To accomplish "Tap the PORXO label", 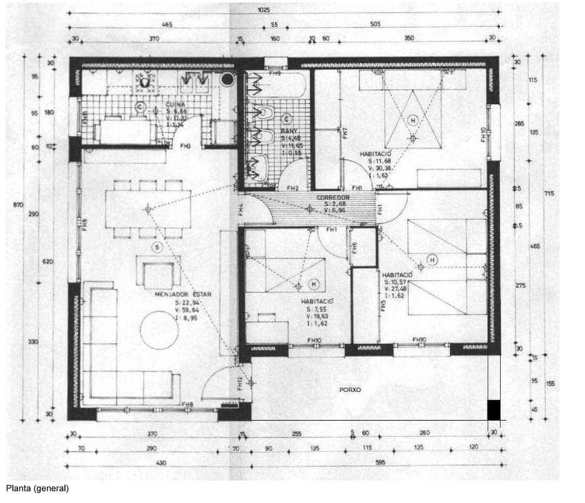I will point(350,390).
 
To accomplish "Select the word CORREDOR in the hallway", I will point(333,197).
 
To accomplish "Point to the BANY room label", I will point(289,131).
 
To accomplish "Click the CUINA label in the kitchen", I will point(176,104).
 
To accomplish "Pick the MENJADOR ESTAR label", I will point(184,294).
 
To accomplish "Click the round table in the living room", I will point(159,330).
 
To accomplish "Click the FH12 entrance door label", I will point(240,384).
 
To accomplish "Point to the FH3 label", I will point(185,146).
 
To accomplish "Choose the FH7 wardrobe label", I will point(344,133).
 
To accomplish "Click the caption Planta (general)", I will point(37,489).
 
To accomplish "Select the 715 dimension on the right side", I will point(549,193).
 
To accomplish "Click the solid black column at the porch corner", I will point(494,409).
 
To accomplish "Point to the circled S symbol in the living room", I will point(157,248).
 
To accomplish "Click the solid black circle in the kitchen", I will point(227,79).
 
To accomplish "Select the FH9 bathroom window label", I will point(274,73).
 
